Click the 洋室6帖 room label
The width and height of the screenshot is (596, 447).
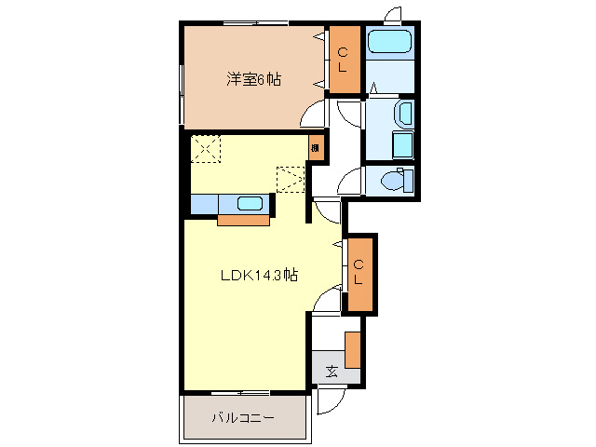coord(252,79)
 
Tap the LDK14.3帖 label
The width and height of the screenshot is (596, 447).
coord(259,276)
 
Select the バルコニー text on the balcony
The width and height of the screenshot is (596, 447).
coord(242,418)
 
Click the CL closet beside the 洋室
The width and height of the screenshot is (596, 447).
coord(342,61)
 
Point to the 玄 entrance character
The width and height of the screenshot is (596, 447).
coord(332,372)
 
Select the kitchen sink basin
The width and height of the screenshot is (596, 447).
coord(250,204)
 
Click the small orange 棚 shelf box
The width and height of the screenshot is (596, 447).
coord(316,147)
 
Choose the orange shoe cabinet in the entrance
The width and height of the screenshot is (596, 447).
coord(352,349)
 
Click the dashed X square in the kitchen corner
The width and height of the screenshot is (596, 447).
coord(205,149)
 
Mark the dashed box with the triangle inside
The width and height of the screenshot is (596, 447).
coord(291,177)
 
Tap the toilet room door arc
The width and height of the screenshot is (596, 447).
coord(351,183)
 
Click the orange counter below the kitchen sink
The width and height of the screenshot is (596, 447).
coord(245,220)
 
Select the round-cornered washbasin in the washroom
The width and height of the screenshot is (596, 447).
coord(404,115)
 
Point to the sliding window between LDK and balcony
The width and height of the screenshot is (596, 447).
coord(239,391)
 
